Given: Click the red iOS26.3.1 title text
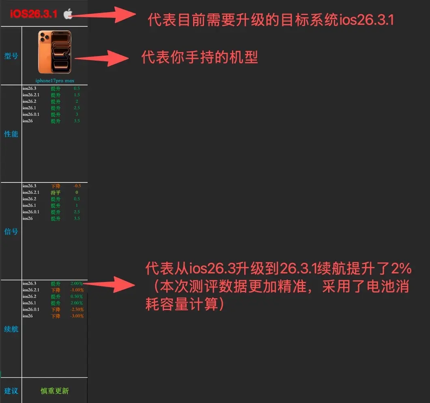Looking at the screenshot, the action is pos(33,14).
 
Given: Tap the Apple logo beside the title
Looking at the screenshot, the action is pos(68,14).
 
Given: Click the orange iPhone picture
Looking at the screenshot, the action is pos(54,52).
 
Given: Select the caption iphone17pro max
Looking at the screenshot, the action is pos(55,81).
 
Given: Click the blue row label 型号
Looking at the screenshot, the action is pos(11,56).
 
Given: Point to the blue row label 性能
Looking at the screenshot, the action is pos(11,134).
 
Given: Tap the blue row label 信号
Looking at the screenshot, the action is pos(11,232).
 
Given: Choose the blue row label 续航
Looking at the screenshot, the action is pos(11,329).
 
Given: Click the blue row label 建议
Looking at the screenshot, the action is pos(11,391).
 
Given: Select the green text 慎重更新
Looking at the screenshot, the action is pos(55,391).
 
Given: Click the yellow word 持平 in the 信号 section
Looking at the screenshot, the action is pos(56,193).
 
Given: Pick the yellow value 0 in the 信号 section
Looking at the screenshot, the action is pos(77,193).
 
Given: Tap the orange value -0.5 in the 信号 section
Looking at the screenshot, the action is pos(77,186).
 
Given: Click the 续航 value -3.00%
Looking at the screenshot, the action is pos(77,316).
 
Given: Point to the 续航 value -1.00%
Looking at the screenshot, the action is pos(77,290).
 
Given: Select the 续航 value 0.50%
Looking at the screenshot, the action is pos(77,297).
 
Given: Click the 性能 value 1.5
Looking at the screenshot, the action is pos(77,95).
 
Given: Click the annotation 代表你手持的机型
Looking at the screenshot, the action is pos(199,57).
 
